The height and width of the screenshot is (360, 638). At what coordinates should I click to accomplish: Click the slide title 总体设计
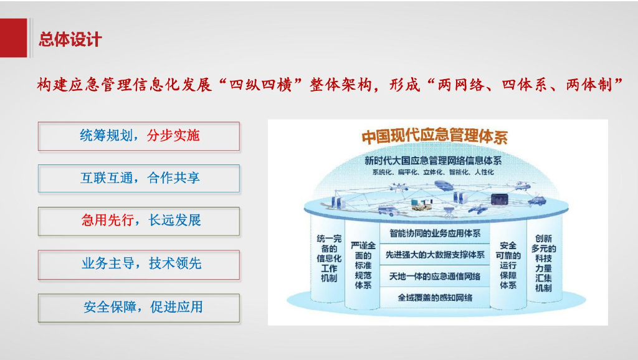tap(70, 40)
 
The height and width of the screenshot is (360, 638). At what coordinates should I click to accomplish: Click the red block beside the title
tap(13, 38)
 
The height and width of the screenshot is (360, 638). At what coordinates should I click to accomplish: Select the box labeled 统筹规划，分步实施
tap(138, 136)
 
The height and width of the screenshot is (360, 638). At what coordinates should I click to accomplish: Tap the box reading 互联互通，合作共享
tap(138, 179)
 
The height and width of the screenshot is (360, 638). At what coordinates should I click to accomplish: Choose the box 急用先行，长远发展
tap(138, 221)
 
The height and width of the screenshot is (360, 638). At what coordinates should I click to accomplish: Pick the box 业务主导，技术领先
tap(138, 264)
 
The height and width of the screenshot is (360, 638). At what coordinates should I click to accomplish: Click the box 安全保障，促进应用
tap(138, 307)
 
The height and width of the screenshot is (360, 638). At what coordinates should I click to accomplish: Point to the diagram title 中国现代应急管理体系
tap(434, 137)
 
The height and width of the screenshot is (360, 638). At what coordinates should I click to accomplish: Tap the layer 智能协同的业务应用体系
tap(435, 234)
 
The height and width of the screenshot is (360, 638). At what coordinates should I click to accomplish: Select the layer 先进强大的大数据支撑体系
tap(435, 255)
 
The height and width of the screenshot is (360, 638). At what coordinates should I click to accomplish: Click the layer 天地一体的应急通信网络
tap(435, 276)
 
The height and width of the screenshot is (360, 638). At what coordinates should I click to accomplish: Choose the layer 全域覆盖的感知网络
tap(435, 297)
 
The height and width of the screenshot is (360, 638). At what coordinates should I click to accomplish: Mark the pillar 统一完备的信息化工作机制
tap(329, 258)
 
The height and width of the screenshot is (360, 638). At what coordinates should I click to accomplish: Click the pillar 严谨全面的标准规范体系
tap(363, 265)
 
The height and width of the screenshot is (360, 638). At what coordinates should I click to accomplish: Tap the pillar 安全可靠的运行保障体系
tap(508, 265)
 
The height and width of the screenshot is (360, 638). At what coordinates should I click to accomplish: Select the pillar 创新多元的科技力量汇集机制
tap(543, 262)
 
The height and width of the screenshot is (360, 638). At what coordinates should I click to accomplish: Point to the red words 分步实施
tap(173, 136)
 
